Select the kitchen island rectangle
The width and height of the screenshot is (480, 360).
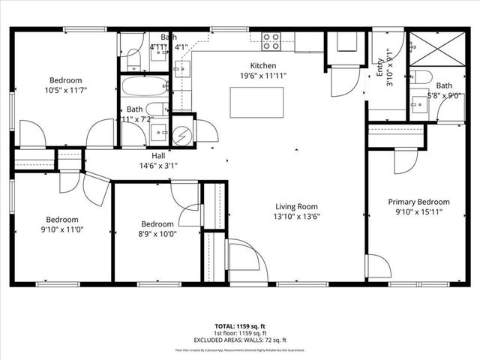(x=256, y=100)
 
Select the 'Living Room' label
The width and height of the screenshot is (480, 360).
(x=296, y=207)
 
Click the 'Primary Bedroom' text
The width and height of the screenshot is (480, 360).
(x=418, y=202)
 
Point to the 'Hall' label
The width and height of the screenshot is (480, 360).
(x=159, y=155)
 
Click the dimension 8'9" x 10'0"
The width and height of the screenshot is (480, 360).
(x=158, y=234)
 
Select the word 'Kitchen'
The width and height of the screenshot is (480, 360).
(x=263, y=65)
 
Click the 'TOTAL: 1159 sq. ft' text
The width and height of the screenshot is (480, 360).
(x=240, y=327)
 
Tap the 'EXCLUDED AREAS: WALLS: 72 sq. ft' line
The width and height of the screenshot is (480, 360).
(x=240, y=340)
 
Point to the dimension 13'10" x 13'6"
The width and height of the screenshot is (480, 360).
(x=296, y=217)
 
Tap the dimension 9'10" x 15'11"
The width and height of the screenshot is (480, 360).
(x=418, y=212)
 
